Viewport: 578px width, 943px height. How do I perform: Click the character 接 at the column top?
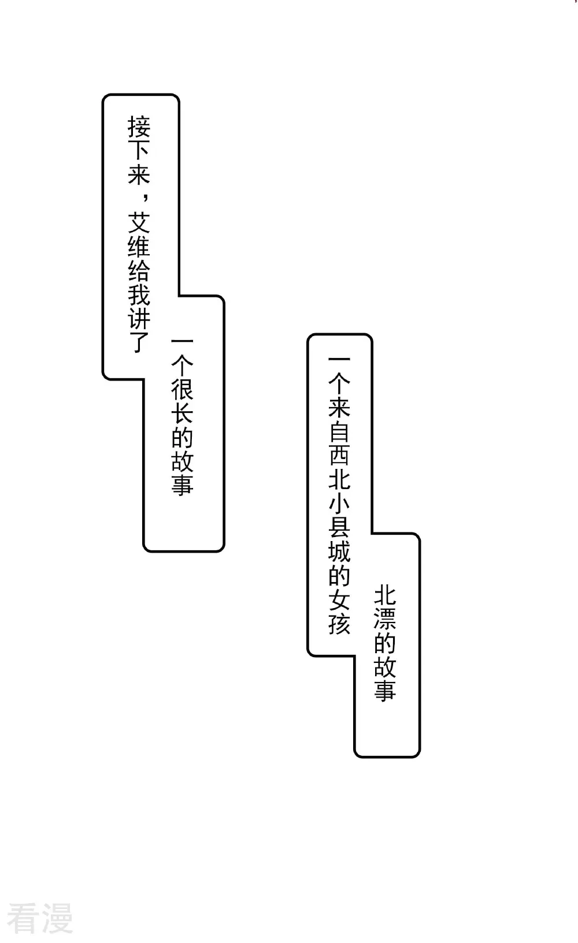click(139, 127)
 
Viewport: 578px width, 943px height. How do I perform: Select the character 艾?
click(139, 222)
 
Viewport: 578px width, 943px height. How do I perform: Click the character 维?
click(139, 246)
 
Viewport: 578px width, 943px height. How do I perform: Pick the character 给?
click(139, 270)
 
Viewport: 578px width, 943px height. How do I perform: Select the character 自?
click(339, 432)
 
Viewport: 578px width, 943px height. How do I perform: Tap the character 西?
click(339, 456)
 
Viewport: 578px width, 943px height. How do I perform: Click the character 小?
click(339, 504)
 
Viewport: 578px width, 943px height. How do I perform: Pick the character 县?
click(339, 528)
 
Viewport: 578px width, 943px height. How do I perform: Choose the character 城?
click(339, 553)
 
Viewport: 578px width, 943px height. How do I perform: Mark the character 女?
click(339, 601)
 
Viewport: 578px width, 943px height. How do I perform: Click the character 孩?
click(339, 624)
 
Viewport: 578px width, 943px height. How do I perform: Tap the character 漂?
click(385, 620)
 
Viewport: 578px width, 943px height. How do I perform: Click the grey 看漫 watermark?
click(40, 918)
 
